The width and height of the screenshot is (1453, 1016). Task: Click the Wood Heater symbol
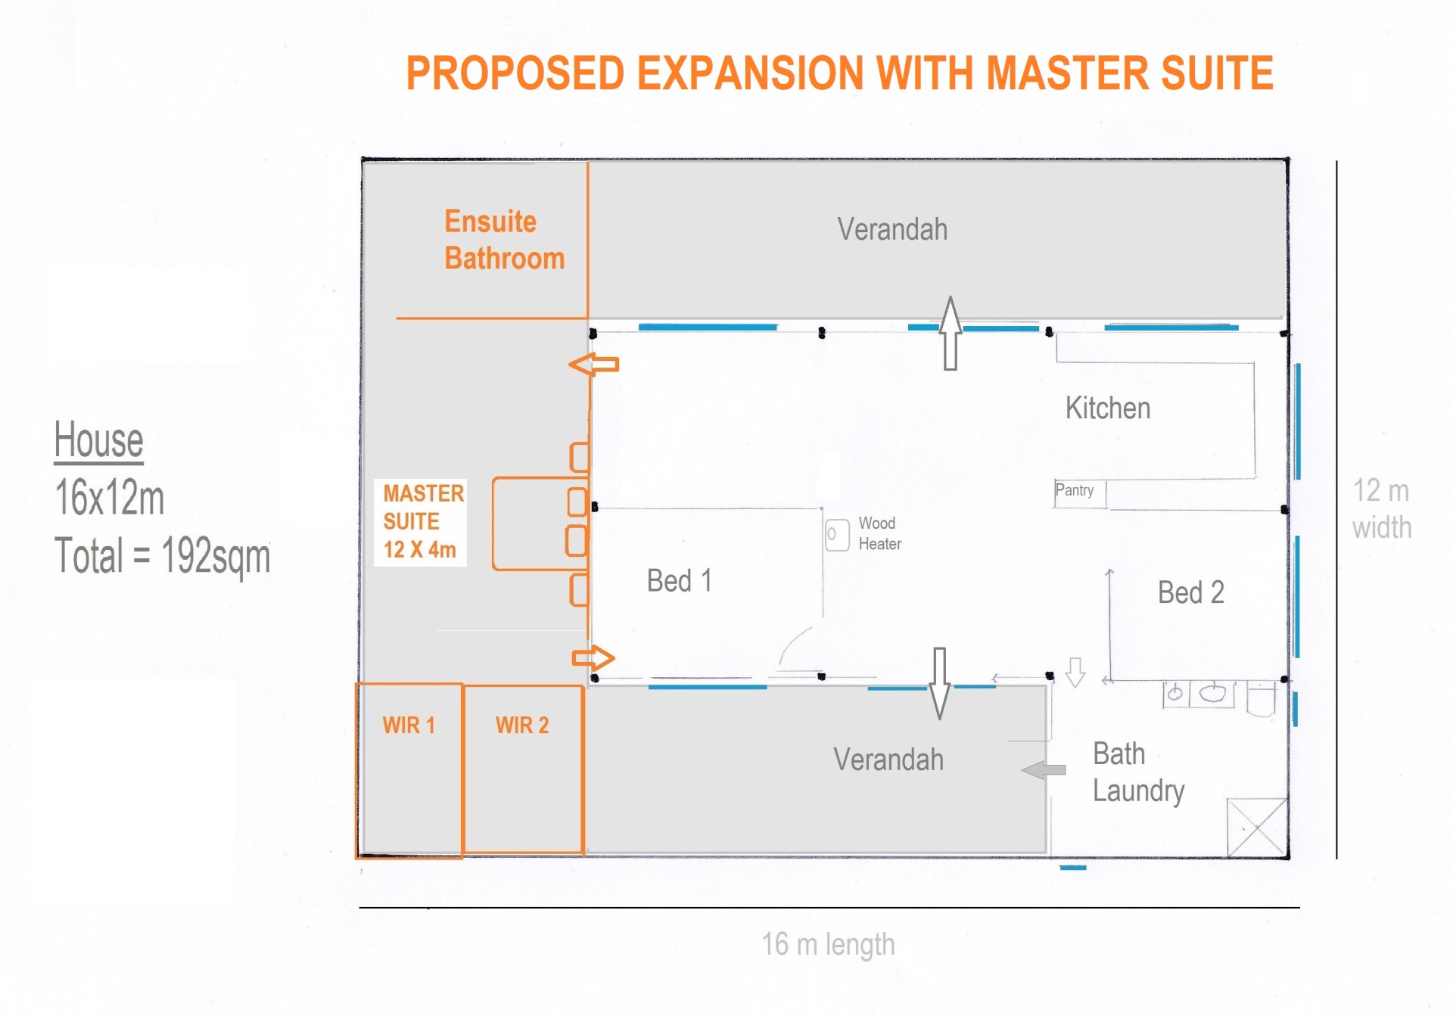[837, 535]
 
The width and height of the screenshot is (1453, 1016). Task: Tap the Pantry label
[1074, 490]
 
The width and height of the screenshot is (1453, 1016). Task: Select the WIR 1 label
[409, 725]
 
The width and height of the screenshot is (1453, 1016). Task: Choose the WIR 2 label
[522, 725]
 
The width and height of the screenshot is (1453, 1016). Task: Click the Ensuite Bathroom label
[504, 240]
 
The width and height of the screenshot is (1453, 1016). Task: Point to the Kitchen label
[1108, 408]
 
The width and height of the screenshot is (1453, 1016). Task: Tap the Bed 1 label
[680, 581]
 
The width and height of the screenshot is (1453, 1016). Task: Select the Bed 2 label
[1190, 592]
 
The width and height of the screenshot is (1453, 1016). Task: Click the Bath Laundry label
[1138, 772]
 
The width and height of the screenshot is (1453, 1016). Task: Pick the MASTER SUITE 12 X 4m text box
[420, 522]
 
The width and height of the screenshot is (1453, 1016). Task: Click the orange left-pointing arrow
[594, 365]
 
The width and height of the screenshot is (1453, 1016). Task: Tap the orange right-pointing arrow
[593, 658]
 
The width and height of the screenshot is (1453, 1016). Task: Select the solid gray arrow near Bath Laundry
[1044, 770]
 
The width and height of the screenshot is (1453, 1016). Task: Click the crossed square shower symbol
[1257, 828]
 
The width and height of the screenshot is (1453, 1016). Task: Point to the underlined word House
[98, 440]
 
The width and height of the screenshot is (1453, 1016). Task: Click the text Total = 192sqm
[162, 556]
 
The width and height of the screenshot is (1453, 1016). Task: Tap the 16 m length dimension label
[828, 944]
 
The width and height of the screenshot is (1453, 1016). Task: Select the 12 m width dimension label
[1382, 508]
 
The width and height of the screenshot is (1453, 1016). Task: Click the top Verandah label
[892, 229]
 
